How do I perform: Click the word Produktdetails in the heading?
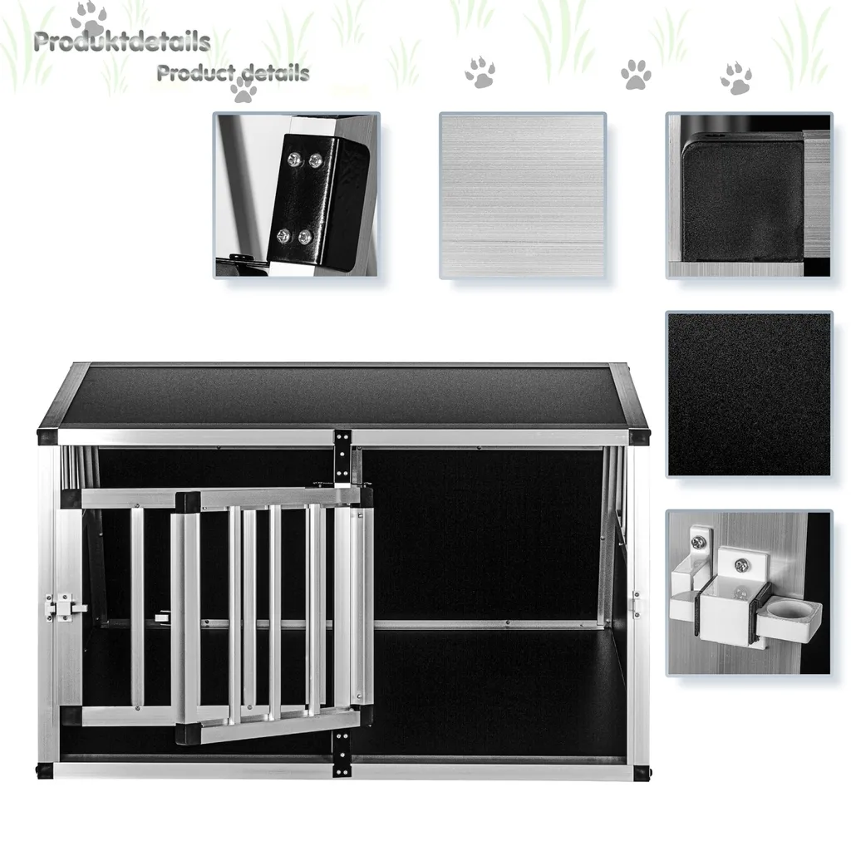pos(122,42)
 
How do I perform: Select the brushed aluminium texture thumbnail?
pos(523,195)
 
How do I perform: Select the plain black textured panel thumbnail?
pos(749,394)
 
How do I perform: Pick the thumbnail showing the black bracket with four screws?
pos(297,195)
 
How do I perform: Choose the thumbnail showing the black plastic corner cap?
pos(749,195)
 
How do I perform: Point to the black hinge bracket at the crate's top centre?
pos(342,456)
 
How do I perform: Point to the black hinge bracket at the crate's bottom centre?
pos(342,753)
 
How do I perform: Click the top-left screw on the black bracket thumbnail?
pos(293,159)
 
